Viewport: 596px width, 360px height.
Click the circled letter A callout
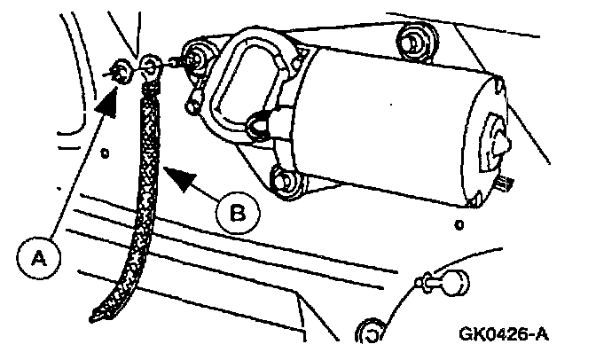[x=37, y=257]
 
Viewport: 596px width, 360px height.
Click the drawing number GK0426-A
[x=502, y=335]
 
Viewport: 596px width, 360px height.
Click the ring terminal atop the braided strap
[x=152, y=65]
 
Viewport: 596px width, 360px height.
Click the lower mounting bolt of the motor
[x=283, y=180]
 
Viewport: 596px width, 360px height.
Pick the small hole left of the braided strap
[x=105, y=153]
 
